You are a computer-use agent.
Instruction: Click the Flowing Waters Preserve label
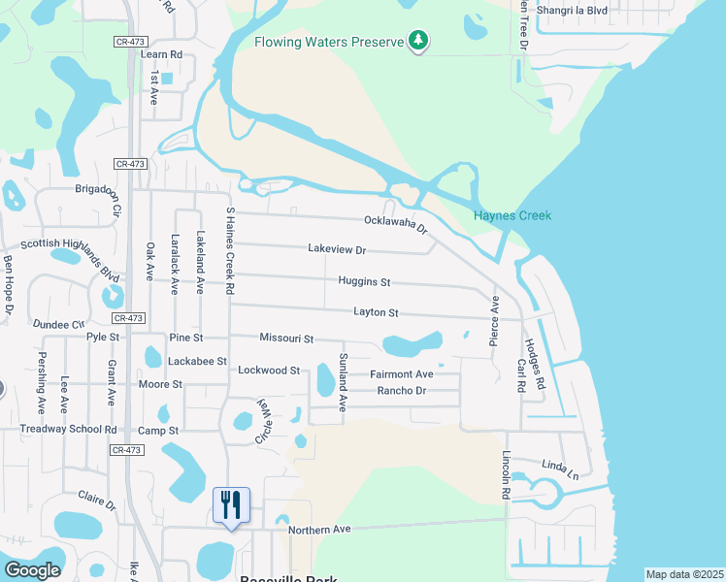[328, 42]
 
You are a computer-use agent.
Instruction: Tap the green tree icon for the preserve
[418, 41]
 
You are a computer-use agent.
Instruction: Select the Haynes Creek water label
[511, 215]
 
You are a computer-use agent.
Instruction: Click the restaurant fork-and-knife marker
[231, 505]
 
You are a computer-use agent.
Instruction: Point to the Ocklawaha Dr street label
[396, 224]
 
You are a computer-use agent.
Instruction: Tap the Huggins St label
[364, 282]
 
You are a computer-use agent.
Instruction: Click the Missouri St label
[286, 339]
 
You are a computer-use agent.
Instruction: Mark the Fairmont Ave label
[401, 374]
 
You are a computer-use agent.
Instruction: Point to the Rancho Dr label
[401, 391]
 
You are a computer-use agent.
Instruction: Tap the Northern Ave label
[319, 530]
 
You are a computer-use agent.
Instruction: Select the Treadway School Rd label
[68, 430]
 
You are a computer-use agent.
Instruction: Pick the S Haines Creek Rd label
[230, 250]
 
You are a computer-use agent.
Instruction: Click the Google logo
[32, 569]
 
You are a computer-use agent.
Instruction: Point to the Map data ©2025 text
[684, 574]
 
